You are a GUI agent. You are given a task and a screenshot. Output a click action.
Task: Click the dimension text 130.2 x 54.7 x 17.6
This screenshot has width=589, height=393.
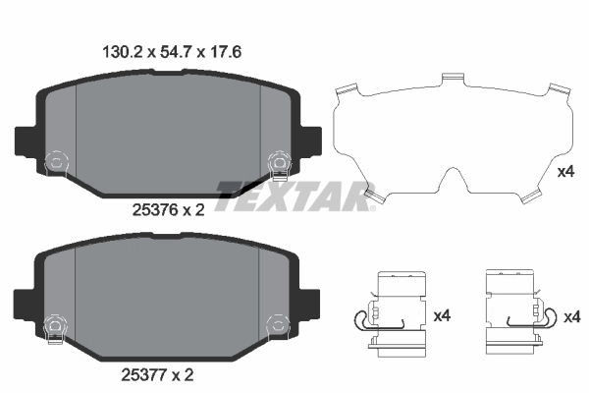pyautogui.click(x=167, y=54)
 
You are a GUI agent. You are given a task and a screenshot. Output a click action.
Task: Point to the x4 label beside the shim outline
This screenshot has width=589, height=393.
pyautogui.click(x=565, y=172)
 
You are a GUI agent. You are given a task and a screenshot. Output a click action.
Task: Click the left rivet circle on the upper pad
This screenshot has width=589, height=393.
pyautogui.click(x=56, y=159)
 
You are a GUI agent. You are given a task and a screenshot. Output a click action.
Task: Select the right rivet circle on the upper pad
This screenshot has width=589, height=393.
pyautogui.click(x=279, y=159)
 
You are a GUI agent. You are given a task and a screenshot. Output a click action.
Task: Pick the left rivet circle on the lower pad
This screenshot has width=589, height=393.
pyautogui.click(x=56, y=321)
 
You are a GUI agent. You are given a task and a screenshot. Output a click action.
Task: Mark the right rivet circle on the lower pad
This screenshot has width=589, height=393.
pyautogui.click(x=279, y=321)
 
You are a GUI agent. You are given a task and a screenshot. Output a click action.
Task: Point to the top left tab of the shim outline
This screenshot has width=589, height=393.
pyautogui.click(x=343, y=91)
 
